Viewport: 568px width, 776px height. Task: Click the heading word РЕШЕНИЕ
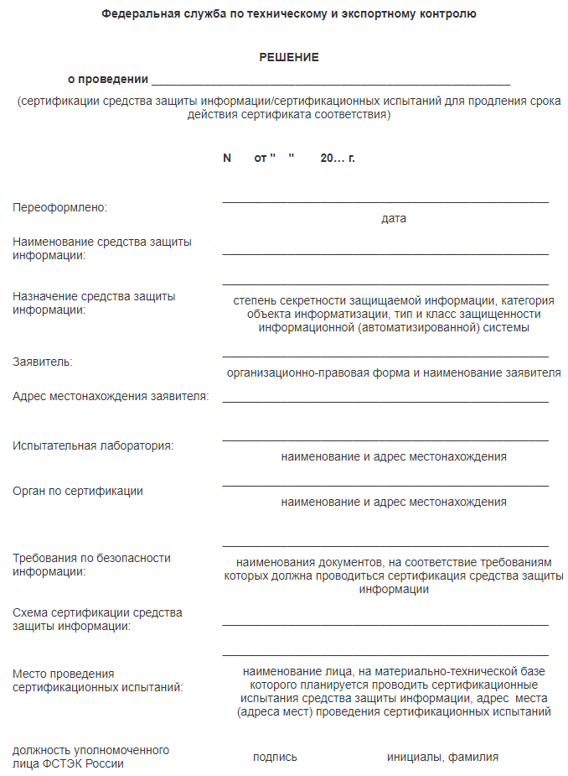point(289,58)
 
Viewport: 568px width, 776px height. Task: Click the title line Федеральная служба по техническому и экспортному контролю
point(289,14)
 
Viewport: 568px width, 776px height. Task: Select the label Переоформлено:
point(61,207)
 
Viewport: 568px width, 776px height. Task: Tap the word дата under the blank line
point(393,218)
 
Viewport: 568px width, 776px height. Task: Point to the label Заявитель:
point(43,362)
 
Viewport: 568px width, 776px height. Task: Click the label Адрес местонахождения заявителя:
point(111,396)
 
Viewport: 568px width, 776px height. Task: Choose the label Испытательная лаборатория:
point(93,445)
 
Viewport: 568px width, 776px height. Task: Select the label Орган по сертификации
point(78,491)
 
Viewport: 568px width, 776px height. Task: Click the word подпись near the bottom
point(275,757)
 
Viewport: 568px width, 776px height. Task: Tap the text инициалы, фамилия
point(442,757)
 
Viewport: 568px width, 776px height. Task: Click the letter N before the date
point(226,158)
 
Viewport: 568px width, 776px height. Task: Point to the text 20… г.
point(338,158)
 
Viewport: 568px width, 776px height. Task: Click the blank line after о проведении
point(331,83)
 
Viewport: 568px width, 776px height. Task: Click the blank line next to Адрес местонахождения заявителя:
point(385,400)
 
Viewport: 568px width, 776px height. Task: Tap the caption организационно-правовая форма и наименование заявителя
point(394,372)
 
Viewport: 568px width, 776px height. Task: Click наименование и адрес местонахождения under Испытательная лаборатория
point(394,456)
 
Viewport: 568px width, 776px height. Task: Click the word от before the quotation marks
point(261,158)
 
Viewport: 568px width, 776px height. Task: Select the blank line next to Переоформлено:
point(385,202)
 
